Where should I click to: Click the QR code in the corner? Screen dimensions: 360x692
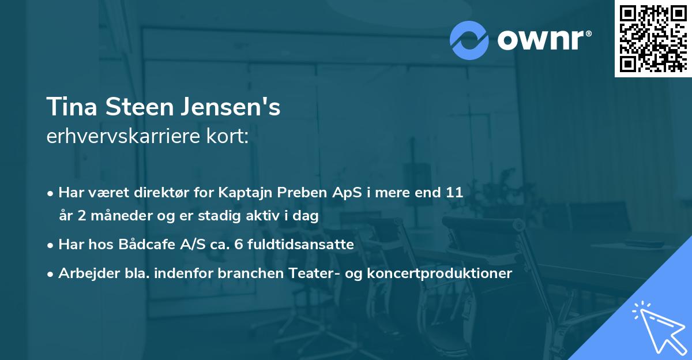pyautogui.click(x=653, y=39)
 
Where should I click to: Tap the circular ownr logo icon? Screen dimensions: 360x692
pyautogui.click(x=469, y=40)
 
